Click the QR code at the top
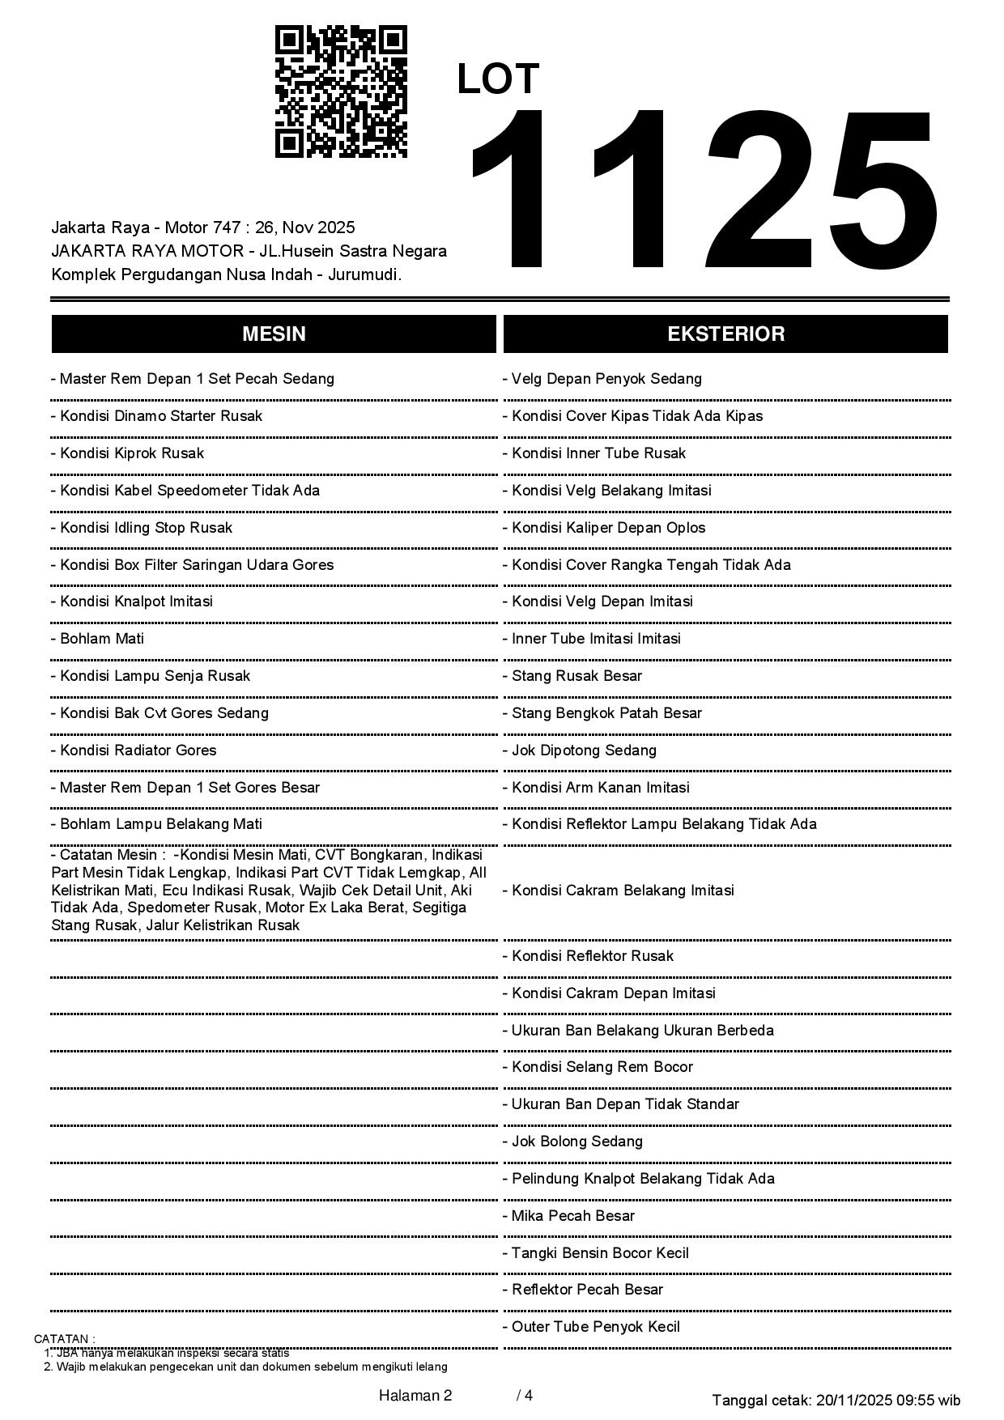pyautogui.click(x=341, y=91)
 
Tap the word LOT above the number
pyautogui.click(x=498, y=79)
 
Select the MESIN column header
pyautogui.click(x=274, y=334)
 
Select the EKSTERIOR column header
pyautogui.click(x=725, y=334)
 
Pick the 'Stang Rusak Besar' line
pyautogui.click(x=576, y=676)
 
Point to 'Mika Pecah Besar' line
pyautogui.click(x=573, y=1216)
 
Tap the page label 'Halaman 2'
pyautogui.click(x=415, y=1395)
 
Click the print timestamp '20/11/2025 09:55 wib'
pyautogui.click(x=888, y=1400)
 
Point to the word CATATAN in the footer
pyautogui.click(x=64, y=1339)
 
